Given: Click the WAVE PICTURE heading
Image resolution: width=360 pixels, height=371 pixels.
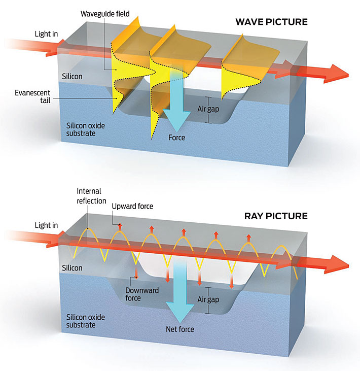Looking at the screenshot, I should pyautogui.click(x=271, y=22).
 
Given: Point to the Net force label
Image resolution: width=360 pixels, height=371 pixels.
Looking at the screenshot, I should pyautogui.click(x=180, y=329).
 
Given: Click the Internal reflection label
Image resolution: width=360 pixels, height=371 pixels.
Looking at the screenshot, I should pyautogui.click(x=89, y=195).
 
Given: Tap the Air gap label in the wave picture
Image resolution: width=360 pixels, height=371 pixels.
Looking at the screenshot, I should pyautogui.click(x=208, y=109).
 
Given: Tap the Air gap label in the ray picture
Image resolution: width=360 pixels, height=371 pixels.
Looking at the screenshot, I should pyautogui.click(x=208, y=299).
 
